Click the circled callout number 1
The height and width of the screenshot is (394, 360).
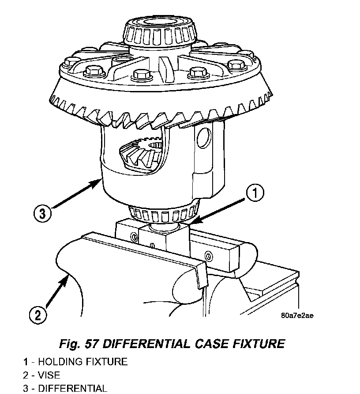[x=255, y=193]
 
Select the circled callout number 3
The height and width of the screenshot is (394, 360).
[x=42, y=214]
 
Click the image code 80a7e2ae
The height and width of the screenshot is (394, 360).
[x=297, y=315]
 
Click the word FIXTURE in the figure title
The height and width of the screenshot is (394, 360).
[x=259, y=344]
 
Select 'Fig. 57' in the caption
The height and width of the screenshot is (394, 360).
[x=78, y=344]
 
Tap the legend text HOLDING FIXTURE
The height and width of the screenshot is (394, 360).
[x=83, y=362]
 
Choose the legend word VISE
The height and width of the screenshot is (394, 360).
[x=49, y=375]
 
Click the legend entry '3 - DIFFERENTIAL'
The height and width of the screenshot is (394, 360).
[x=65, y=388]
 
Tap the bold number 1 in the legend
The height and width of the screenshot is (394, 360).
[x=25, y=362]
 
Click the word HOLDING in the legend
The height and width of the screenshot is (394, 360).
[x=60, y=362]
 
